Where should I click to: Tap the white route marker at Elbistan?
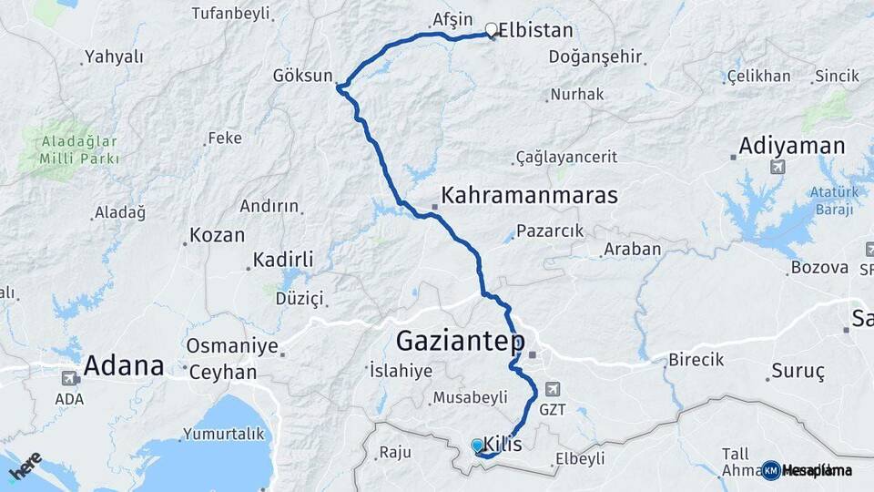click(x=492, y=29)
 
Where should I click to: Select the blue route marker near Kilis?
click(x=477, y=446)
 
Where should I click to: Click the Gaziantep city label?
click(x=460, y=342)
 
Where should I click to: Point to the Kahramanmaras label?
click(x=529, y=195)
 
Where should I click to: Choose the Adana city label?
click(x=124, y=366)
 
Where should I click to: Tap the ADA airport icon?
click(x=69, y=378)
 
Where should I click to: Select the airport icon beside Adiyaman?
click(x=777, y=167)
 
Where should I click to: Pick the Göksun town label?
click(x=302, y=76)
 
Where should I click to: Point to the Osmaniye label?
click(x=231, y=346)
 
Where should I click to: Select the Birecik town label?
click(x=696, y=359)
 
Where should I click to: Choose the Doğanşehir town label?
click(x=595, y=56)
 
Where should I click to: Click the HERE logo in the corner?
click(x=25, y=466)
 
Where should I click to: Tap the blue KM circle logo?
click(x=771, y=470)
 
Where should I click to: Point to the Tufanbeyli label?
click(x=232, y=13)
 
